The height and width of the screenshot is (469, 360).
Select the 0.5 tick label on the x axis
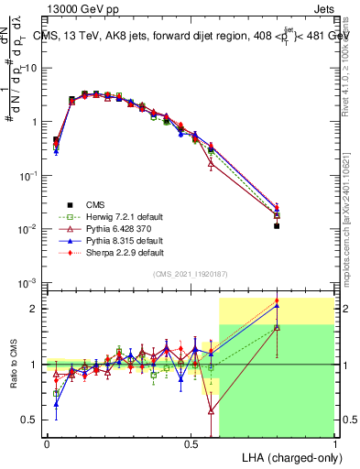(x=191, y=442)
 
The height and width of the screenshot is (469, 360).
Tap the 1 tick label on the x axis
(x=334, y=442)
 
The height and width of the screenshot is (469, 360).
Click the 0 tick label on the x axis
(x=47, y=442)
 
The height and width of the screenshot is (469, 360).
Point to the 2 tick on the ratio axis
(x=34, y=309)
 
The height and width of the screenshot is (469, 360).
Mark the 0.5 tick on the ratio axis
(x=29, y=420)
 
